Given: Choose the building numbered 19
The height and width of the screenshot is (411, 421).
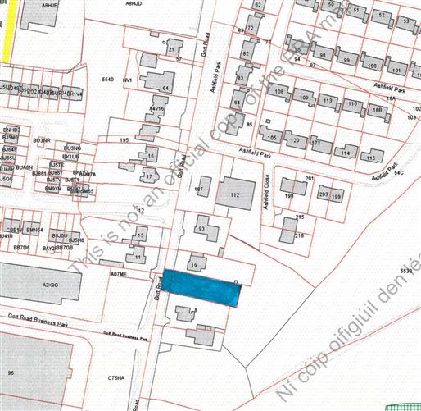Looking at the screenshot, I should tap(195, 264).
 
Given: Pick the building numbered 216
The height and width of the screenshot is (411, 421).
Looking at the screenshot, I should tap(292, 231).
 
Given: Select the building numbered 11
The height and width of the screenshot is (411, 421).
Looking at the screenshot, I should tap(139, 258).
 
